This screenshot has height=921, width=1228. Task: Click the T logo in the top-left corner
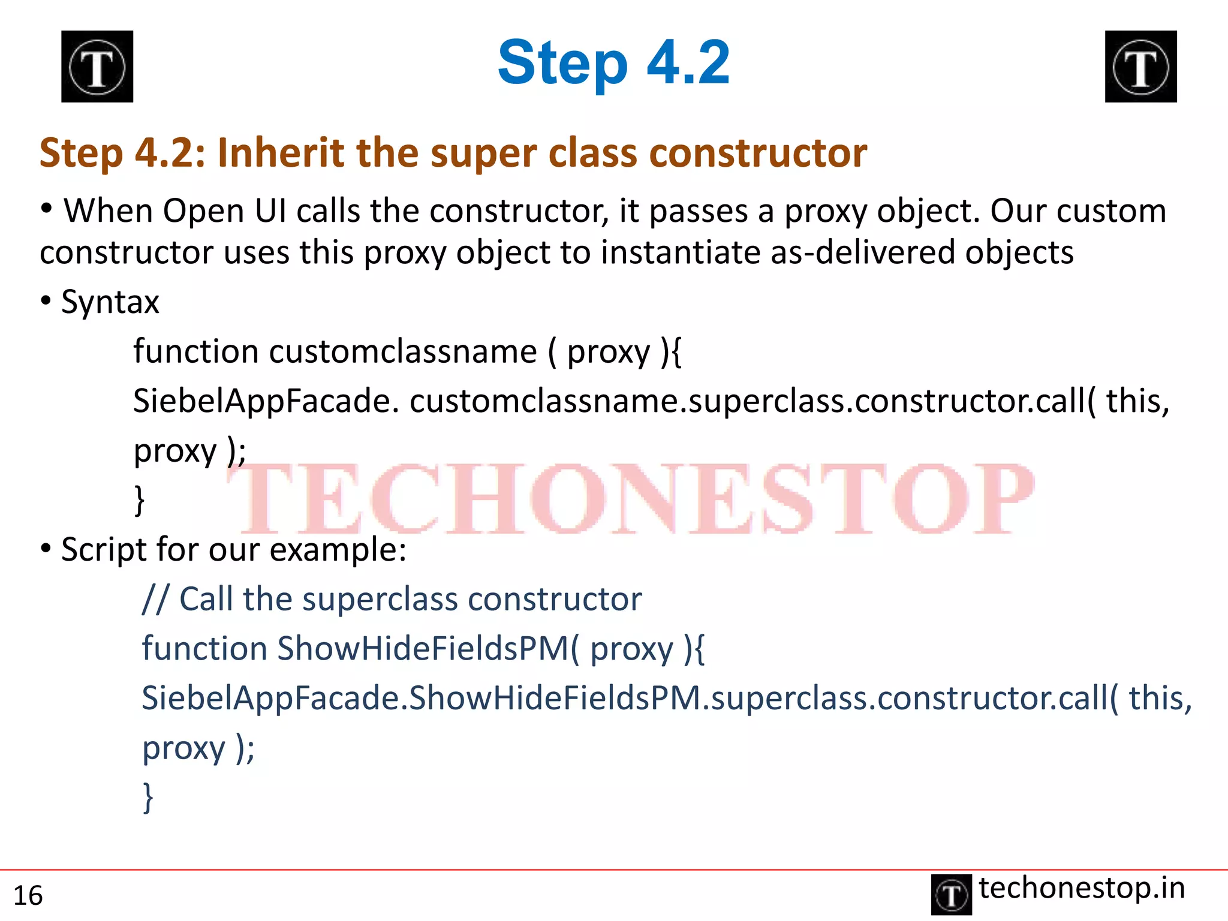pos(97,67)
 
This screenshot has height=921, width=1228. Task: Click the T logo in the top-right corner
pos(1140,67)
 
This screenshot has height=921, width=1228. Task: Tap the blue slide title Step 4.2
pos(613,62)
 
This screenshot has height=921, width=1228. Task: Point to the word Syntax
pos(110,302)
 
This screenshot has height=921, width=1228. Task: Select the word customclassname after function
pos(403,351)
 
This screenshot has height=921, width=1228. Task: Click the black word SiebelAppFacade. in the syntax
pos(266,401)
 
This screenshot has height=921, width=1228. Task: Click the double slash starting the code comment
pos(155,599)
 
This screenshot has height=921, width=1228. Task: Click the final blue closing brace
pos(148,797)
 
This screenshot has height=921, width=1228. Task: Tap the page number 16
pos(28,896)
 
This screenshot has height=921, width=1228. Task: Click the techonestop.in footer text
pos(1082,888)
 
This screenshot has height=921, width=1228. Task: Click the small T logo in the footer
pos(951,895)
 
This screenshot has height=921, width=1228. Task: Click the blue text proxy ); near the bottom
pos(198,748)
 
